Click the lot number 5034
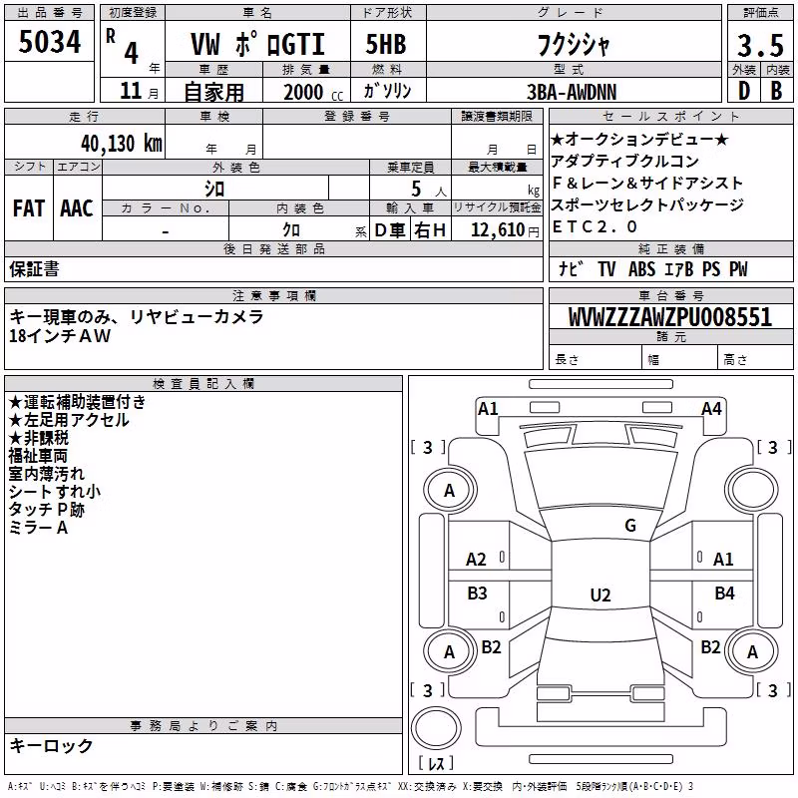[x=49, y=42]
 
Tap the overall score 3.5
[x=760, y=45]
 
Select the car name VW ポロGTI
[x=257, y=44]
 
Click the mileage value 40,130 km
[x=121, y=144]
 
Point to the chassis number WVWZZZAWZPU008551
[x=670, y=316]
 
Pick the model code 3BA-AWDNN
[x=572, y=92]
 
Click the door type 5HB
[x=386, y=44]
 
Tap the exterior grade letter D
[x=744, y=91]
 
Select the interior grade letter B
[x=776, y=91]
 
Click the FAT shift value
[x=28, y=208]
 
